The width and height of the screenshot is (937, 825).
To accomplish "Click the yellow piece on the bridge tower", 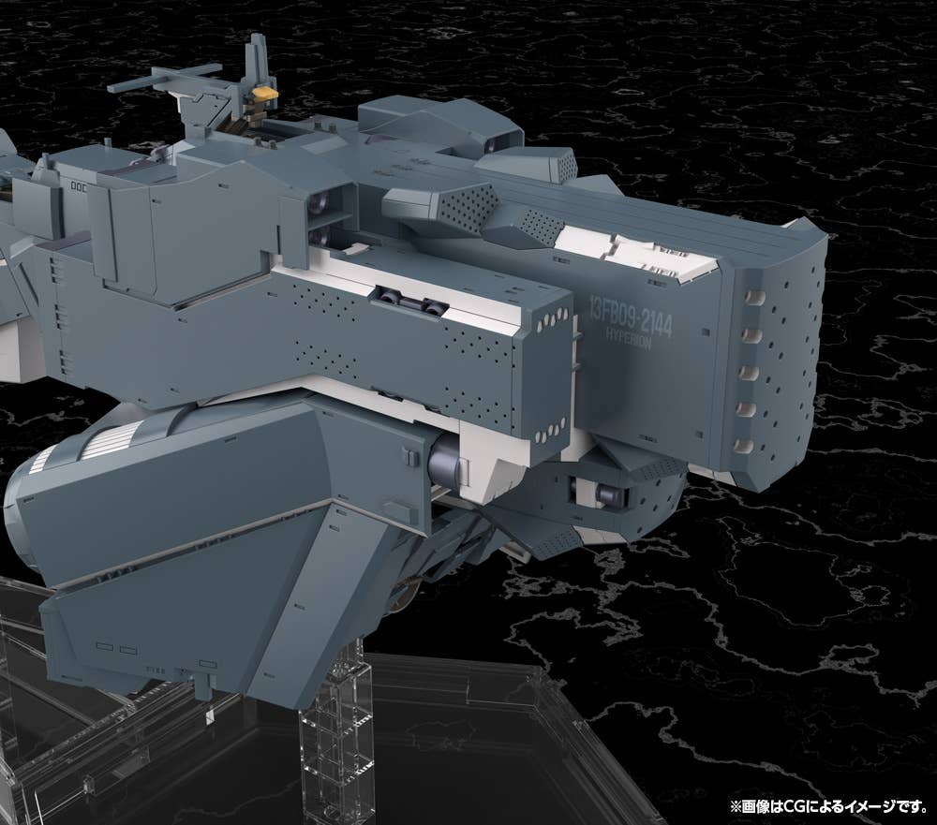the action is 266,94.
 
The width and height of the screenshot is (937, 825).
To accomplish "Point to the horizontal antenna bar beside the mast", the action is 164,79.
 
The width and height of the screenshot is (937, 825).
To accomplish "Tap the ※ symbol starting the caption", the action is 736,807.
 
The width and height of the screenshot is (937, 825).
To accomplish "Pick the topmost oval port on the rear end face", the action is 755,297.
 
